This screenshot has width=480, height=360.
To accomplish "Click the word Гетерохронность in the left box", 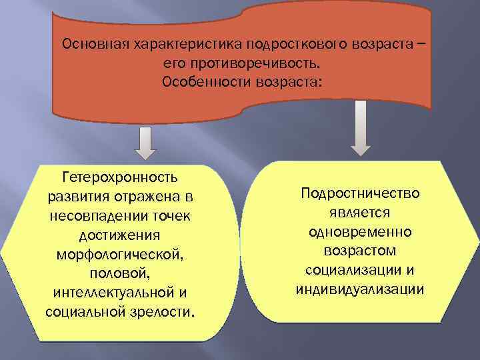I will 119,178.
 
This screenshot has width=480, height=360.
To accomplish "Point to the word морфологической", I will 119,255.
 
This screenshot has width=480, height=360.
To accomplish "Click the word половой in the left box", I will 119,275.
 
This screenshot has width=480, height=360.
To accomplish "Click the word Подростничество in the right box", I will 360,193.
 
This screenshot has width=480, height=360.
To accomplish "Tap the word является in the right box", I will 361,213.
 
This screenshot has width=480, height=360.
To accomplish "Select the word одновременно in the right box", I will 361,232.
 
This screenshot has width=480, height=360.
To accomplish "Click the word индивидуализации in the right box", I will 360,290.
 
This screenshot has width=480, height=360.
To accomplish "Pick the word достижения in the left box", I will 119,236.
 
